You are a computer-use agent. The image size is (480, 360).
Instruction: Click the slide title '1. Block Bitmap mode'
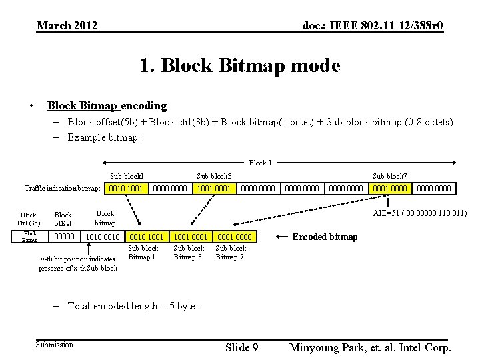point(239,66)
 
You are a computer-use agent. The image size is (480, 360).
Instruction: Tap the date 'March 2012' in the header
point(67,26)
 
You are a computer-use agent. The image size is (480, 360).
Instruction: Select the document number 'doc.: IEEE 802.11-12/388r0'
point(373,26)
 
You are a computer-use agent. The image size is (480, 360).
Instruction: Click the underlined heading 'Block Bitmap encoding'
point(107,105)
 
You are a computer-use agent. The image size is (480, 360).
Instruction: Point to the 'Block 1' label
point(260,163)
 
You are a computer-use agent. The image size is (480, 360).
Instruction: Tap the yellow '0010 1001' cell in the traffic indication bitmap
point(126,189)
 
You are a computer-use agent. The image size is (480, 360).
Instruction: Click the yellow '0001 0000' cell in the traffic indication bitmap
point(390,189)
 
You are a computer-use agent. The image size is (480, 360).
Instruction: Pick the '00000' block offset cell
point(65,237)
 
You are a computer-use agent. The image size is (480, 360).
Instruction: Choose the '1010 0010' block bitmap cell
point(103,237)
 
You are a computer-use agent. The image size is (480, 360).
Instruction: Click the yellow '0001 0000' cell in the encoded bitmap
point(235,237)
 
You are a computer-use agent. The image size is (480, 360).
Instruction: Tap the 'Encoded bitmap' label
point(325,237)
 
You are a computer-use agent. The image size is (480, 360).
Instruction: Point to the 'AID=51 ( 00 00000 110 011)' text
point(419,213)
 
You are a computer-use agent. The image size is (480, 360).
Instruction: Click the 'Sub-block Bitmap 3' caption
point(188,253)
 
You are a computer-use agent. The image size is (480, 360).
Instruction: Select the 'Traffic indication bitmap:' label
point(62,189)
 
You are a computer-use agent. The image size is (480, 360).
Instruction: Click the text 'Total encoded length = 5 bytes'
point(133,306)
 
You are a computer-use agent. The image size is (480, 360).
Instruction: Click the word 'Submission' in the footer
point(55,344)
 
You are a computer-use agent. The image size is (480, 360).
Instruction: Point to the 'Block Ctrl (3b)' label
point(29,219)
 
